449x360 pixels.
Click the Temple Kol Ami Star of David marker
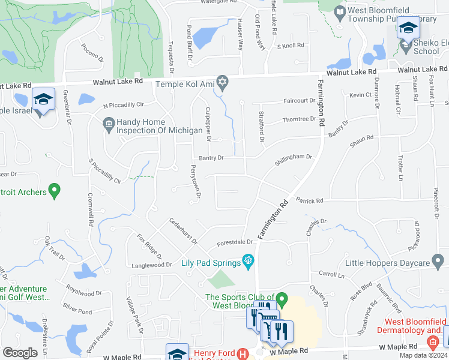pos(223,82)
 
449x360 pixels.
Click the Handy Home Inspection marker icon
pos(109,125)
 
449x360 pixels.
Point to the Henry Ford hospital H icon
pos(243,354)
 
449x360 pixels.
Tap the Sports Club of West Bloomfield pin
pos(281,298)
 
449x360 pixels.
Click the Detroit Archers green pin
pos(55,191)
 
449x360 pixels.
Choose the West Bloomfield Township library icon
pos(340,11)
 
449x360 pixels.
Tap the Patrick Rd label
pos(309,200)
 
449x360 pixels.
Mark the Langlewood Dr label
pos(152,265)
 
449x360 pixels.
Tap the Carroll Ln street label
pos(331,274)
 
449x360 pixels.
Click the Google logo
pos(20,353)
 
